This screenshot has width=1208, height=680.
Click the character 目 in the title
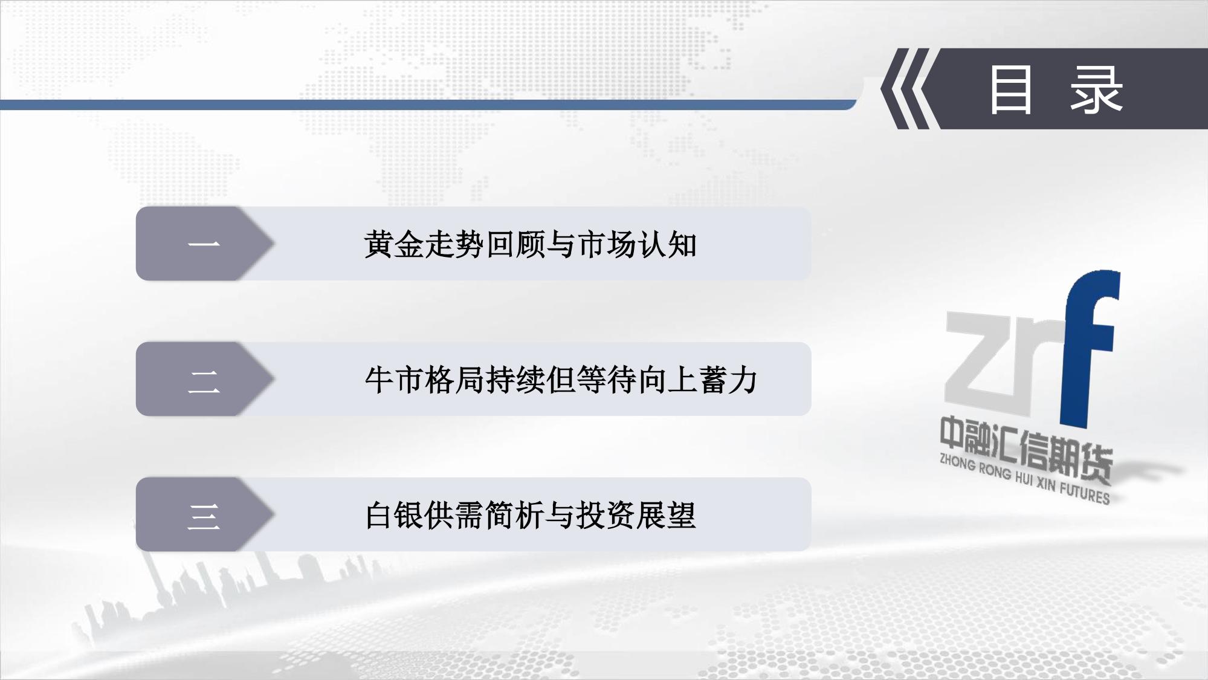[1010, 90]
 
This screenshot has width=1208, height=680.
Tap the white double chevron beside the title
[905, 88]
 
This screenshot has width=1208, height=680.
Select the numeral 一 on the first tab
[204, 244]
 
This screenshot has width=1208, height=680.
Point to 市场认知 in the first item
[637, 245]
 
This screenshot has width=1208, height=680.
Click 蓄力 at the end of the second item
[728, 380]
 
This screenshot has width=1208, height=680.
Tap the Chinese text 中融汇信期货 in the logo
[1026, 454]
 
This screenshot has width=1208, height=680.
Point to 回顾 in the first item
[515, 245]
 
